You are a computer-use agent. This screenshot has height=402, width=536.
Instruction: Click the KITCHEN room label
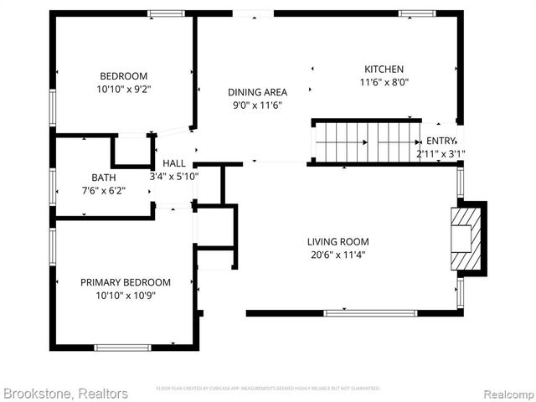(384, 69)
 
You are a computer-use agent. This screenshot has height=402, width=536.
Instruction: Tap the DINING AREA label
(258, 92)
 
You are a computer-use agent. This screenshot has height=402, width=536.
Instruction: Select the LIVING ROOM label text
(336, 241)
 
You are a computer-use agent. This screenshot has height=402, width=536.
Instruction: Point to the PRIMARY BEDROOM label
(126, 282)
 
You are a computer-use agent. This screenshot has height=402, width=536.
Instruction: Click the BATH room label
(104, 177)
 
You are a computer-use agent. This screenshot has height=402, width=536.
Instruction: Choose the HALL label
(174, 163)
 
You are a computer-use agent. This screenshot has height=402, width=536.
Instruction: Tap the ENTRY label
(441, 141)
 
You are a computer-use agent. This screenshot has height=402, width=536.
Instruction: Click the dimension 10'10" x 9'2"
(125, 87)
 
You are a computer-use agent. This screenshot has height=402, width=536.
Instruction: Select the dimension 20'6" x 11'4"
(336, 255)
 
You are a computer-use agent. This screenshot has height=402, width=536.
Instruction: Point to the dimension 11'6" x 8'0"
(384, 82)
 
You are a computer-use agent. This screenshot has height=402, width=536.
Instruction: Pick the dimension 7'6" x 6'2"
(104, 190)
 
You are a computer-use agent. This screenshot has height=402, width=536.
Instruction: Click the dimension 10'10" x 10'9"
(126, 296)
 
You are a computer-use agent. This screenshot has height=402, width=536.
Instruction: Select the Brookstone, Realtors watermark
(65, 393)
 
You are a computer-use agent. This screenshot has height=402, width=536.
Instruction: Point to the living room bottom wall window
(369, 313)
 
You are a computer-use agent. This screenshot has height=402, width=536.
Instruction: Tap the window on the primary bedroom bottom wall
(122, 347)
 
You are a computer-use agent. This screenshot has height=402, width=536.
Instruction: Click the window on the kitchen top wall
(416, 13)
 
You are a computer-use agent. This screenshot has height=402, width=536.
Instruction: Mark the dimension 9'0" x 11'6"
(258, 106)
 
